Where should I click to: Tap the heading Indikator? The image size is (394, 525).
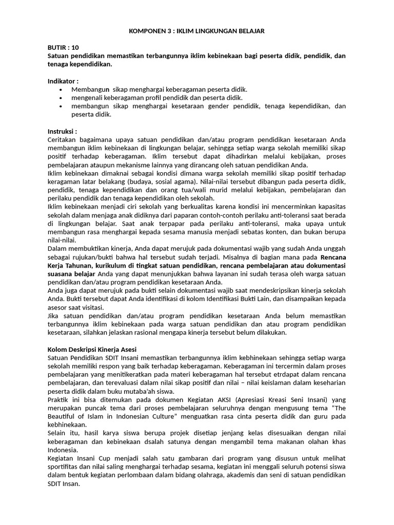point(63,81)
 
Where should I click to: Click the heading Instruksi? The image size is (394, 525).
point(62,131)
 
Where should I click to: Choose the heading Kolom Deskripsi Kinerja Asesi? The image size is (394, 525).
point(91,349)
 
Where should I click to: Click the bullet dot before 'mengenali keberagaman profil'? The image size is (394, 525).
point(61,97)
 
